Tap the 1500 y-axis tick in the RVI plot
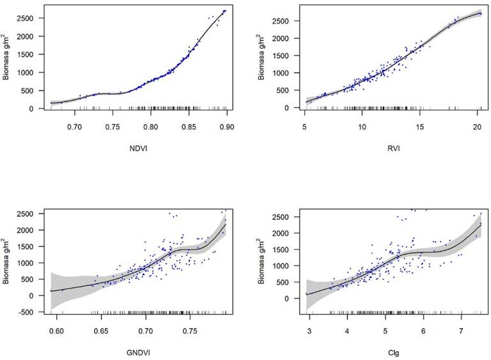click(x=283, y=56)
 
